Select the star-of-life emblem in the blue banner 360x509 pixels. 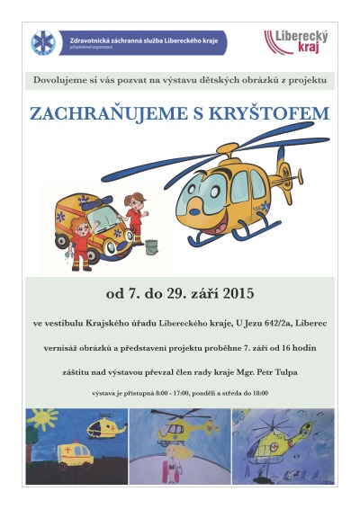42,43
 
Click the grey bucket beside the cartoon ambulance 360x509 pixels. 149,244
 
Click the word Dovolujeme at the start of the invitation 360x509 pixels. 57,82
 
